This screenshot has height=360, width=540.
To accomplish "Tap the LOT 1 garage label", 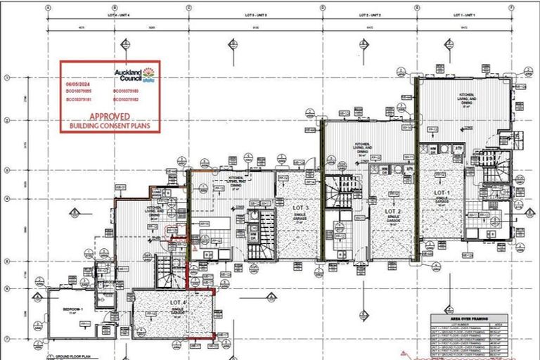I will (441, 194).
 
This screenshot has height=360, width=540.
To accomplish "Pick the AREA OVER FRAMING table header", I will (468, 318).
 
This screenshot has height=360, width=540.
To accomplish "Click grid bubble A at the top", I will (48, 8).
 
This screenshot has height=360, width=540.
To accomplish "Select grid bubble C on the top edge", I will (189, 8).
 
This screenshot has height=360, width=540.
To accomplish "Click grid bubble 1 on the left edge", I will (6, 78).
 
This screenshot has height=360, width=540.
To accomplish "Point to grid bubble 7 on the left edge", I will (6, 339).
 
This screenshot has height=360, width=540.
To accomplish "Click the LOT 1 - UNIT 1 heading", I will (465, 15).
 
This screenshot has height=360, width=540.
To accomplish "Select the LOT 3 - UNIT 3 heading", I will (256, 15).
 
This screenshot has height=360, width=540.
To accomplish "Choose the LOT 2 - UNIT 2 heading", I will (369, 15).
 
